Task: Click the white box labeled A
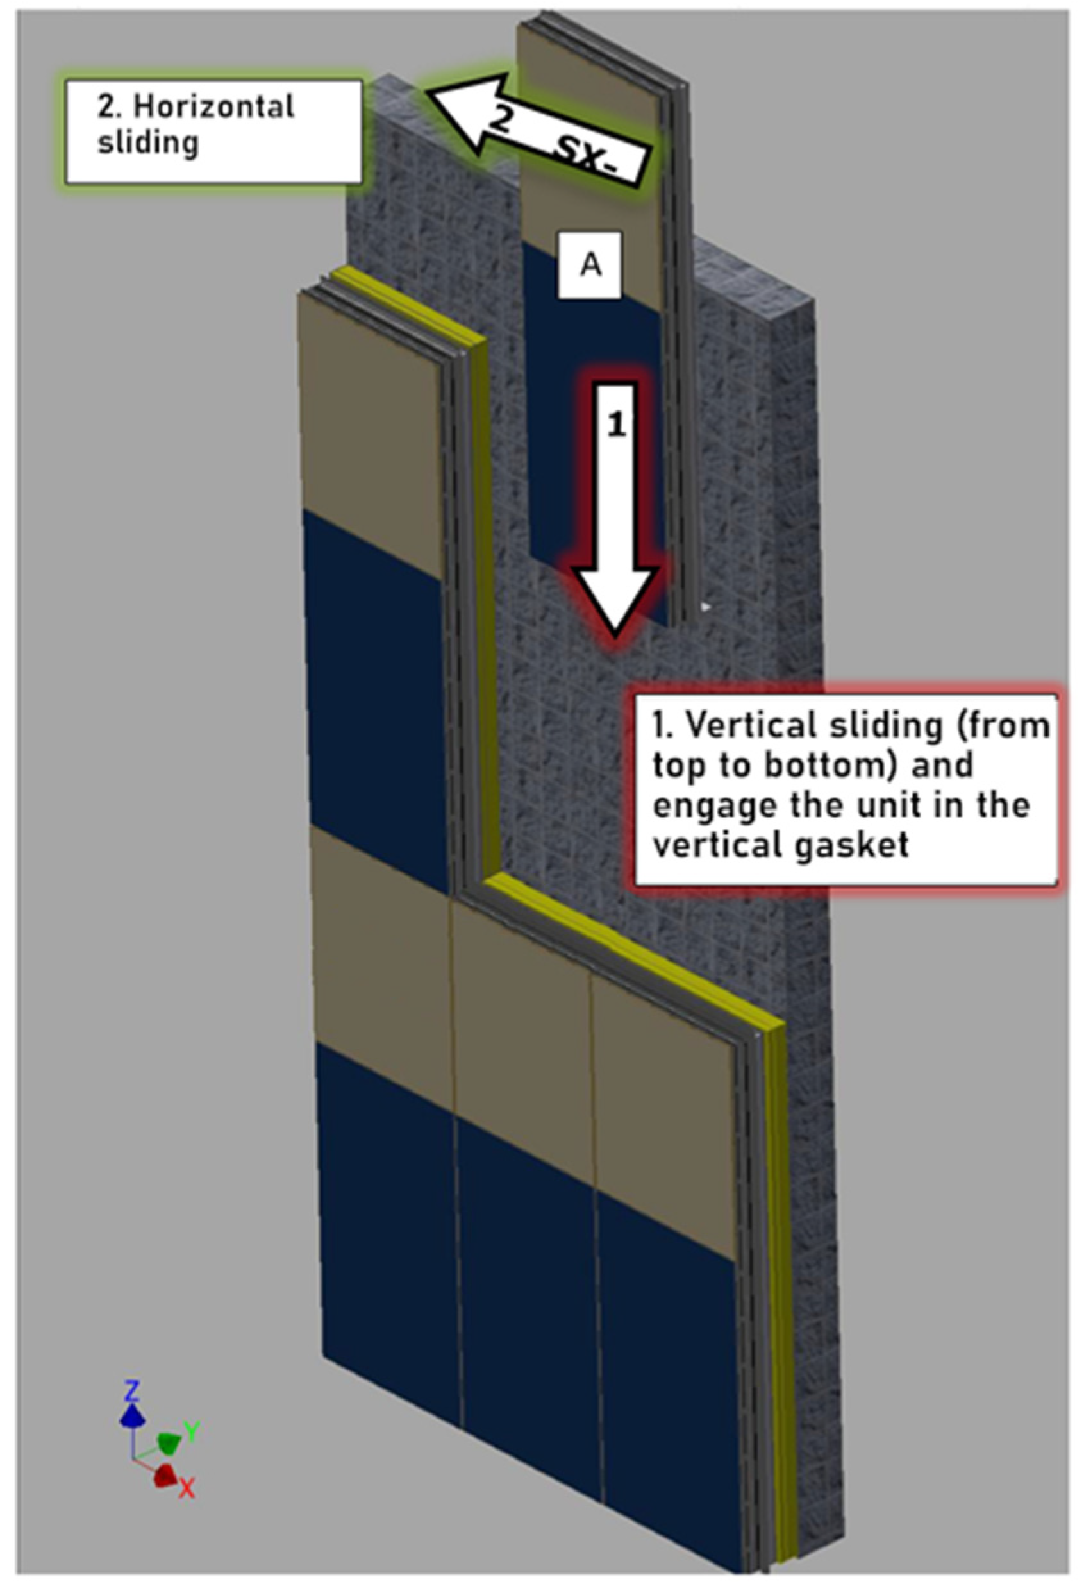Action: point(590,265)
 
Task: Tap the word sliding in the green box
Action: point(147,142)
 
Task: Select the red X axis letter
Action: point(187,1486)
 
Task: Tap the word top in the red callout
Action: point(676,766)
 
